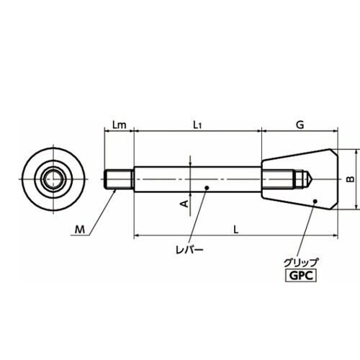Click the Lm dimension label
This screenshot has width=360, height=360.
pyautogui.click(x=119, y=125)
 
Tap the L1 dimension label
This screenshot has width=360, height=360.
pyautogui.click(x=197, y=125)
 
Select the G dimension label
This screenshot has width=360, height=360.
pyautogui.click(x=300, y=125)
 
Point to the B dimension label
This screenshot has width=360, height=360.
pyautogui.click(x=351, y=179)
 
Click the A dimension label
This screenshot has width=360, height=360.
pyautogui.click(x=184, y=204)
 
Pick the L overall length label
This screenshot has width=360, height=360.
pyautogui.click(x=236, y=230)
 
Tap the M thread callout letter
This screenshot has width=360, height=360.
pyautogui.click(x=80, y=230)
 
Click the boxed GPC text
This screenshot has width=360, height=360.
pyautogui.click(x=301, y=276)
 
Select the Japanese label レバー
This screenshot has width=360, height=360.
pyautogui.click(x=189, y=251)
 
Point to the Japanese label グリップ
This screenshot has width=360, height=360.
pyautogui.click(x=301, y=263)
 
